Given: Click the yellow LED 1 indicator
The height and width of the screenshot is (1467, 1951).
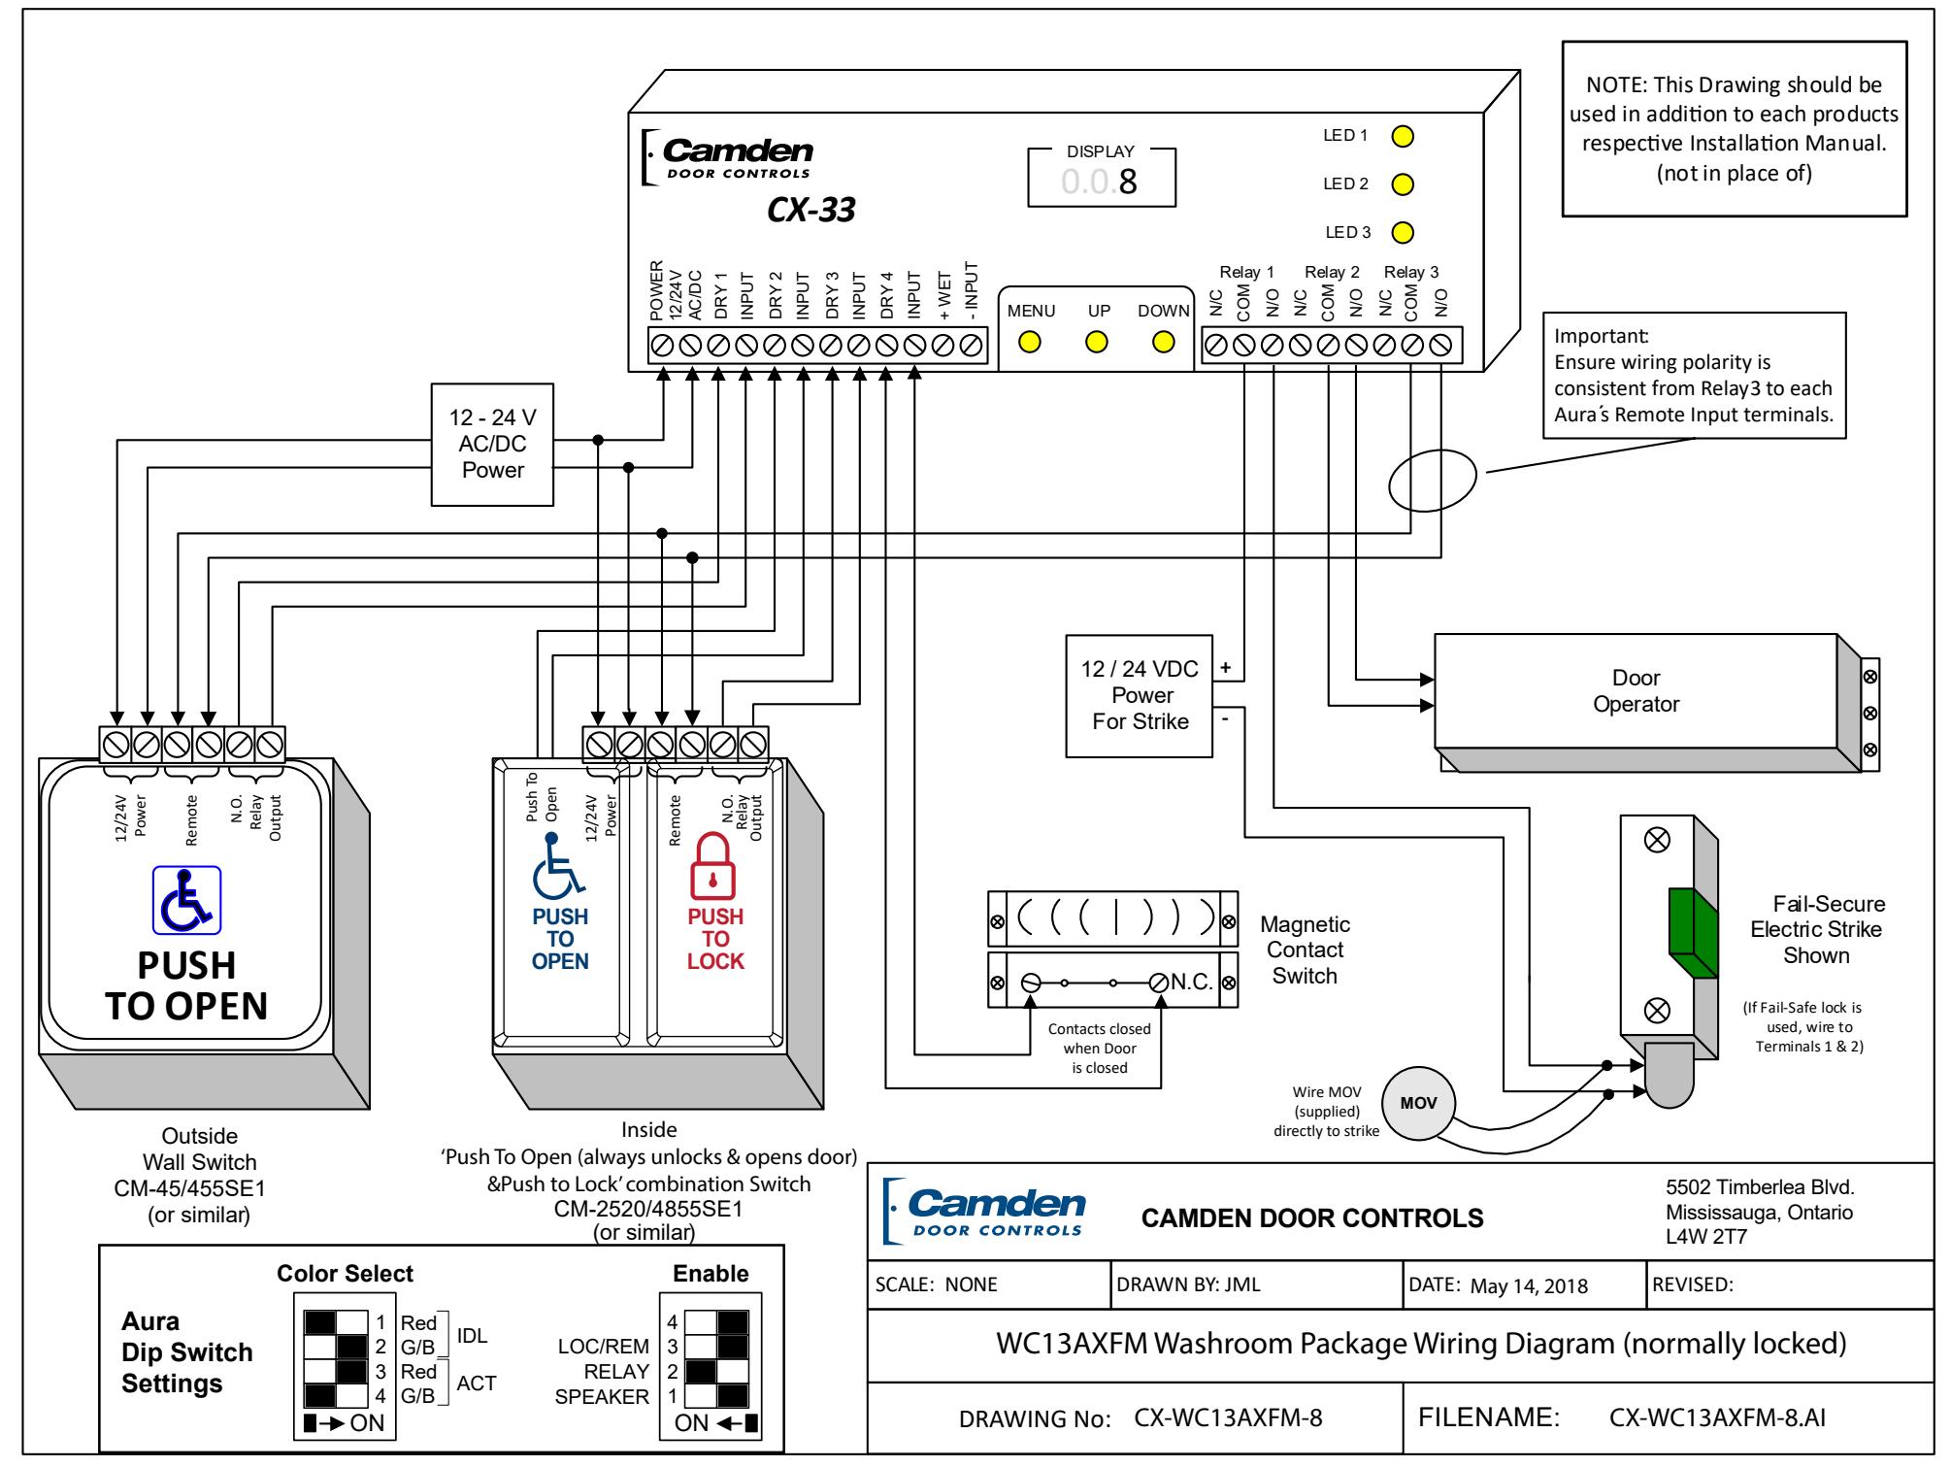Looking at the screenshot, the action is pyautogui.click(x=1402, y=136).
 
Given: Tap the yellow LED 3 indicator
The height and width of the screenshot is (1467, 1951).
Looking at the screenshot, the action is pyautogui.click(x=1402, y=233).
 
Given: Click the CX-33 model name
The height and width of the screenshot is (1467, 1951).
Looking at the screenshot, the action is pyautogui.click(x=811, y=210).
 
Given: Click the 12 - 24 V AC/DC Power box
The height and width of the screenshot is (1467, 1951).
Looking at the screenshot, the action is pyautogui.click(x=493, y=444).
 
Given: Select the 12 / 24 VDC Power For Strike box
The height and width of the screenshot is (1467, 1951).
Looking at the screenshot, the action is pyautogui.click(x=1140, y=695).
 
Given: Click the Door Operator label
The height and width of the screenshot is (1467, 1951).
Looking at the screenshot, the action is pyautogui.click(x=1636, y=691).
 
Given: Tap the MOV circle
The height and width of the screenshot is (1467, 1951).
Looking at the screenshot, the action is pyautogui.click(x=1419, y=1104).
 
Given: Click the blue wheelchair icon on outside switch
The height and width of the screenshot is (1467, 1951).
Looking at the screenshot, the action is pyautogui.click(x=186, y=900).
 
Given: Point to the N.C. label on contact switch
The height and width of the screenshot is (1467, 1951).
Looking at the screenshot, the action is pyautogui.click(x=1192, y=982).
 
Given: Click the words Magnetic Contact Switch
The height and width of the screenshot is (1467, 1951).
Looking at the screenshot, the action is pyautogui.click(x=1305, y=950).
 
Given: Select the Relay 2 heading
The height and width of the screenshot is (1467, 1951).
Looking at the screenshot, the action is pyautogui.click(x=1332, y=273).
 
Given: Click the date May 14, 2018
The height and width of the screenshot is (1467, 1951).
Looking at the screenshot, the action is pyautogui.click(x=1529, y=1286).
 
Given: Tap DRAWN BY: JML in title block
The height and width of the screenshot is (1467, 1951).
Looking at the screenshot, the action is pyautogui.click(x=1188, y=1285).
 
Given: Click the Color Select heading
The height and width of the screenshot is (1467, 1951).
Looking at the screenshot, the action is pyautogui.click(x=345, y=1273).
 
